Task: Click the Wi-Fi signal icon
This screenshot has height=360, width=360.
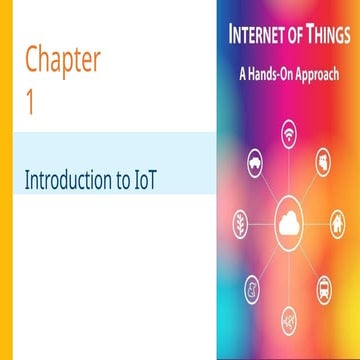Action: (288, 134)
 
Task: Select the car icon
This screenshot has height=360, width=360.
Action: (251, 165)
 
